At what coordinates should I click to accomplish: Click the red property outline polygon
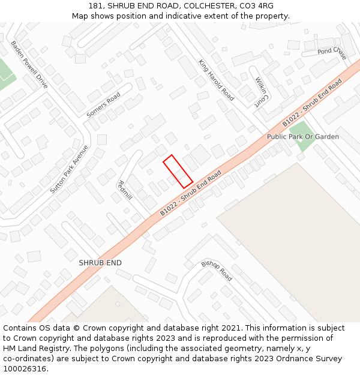pyautogui.click(x=178, y=172)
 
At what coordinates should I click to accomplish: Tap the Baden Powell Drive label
pyautogui.click(x=29, y=65)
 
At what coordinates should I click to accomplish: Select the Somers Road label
pyautogui.click(x=103, y=104)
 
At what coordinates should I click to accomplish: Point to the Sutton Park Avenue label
pyautogui.click(x=69, y=169)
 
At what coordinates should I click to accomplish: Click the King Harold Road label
pyautogui.click(x=216, y=79)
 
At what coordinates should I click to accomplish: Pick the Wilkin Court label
pyautogui.click(x=260, y=91)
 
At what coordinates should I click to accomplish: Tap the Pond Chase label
pyautogui.click(x=332, y=53)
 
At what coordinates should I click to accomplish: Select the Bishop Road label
pyautogui.click(x=217, y=271)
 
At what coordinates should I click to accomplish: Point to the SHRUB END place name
pyautogui.click(x=100, y=263)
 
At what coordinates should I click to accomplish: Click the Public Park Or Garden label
pyautogui.click(x=303, y=137)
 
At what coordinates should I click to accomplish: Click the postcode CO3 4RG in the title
pyautogui.click(x=257, y=6)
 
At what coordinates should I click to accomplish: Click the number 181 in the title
pyautogui.click(x=95, y=6)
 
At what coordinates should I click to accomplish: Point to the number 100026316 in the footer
pyautogui.click(x=25, y=368)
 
